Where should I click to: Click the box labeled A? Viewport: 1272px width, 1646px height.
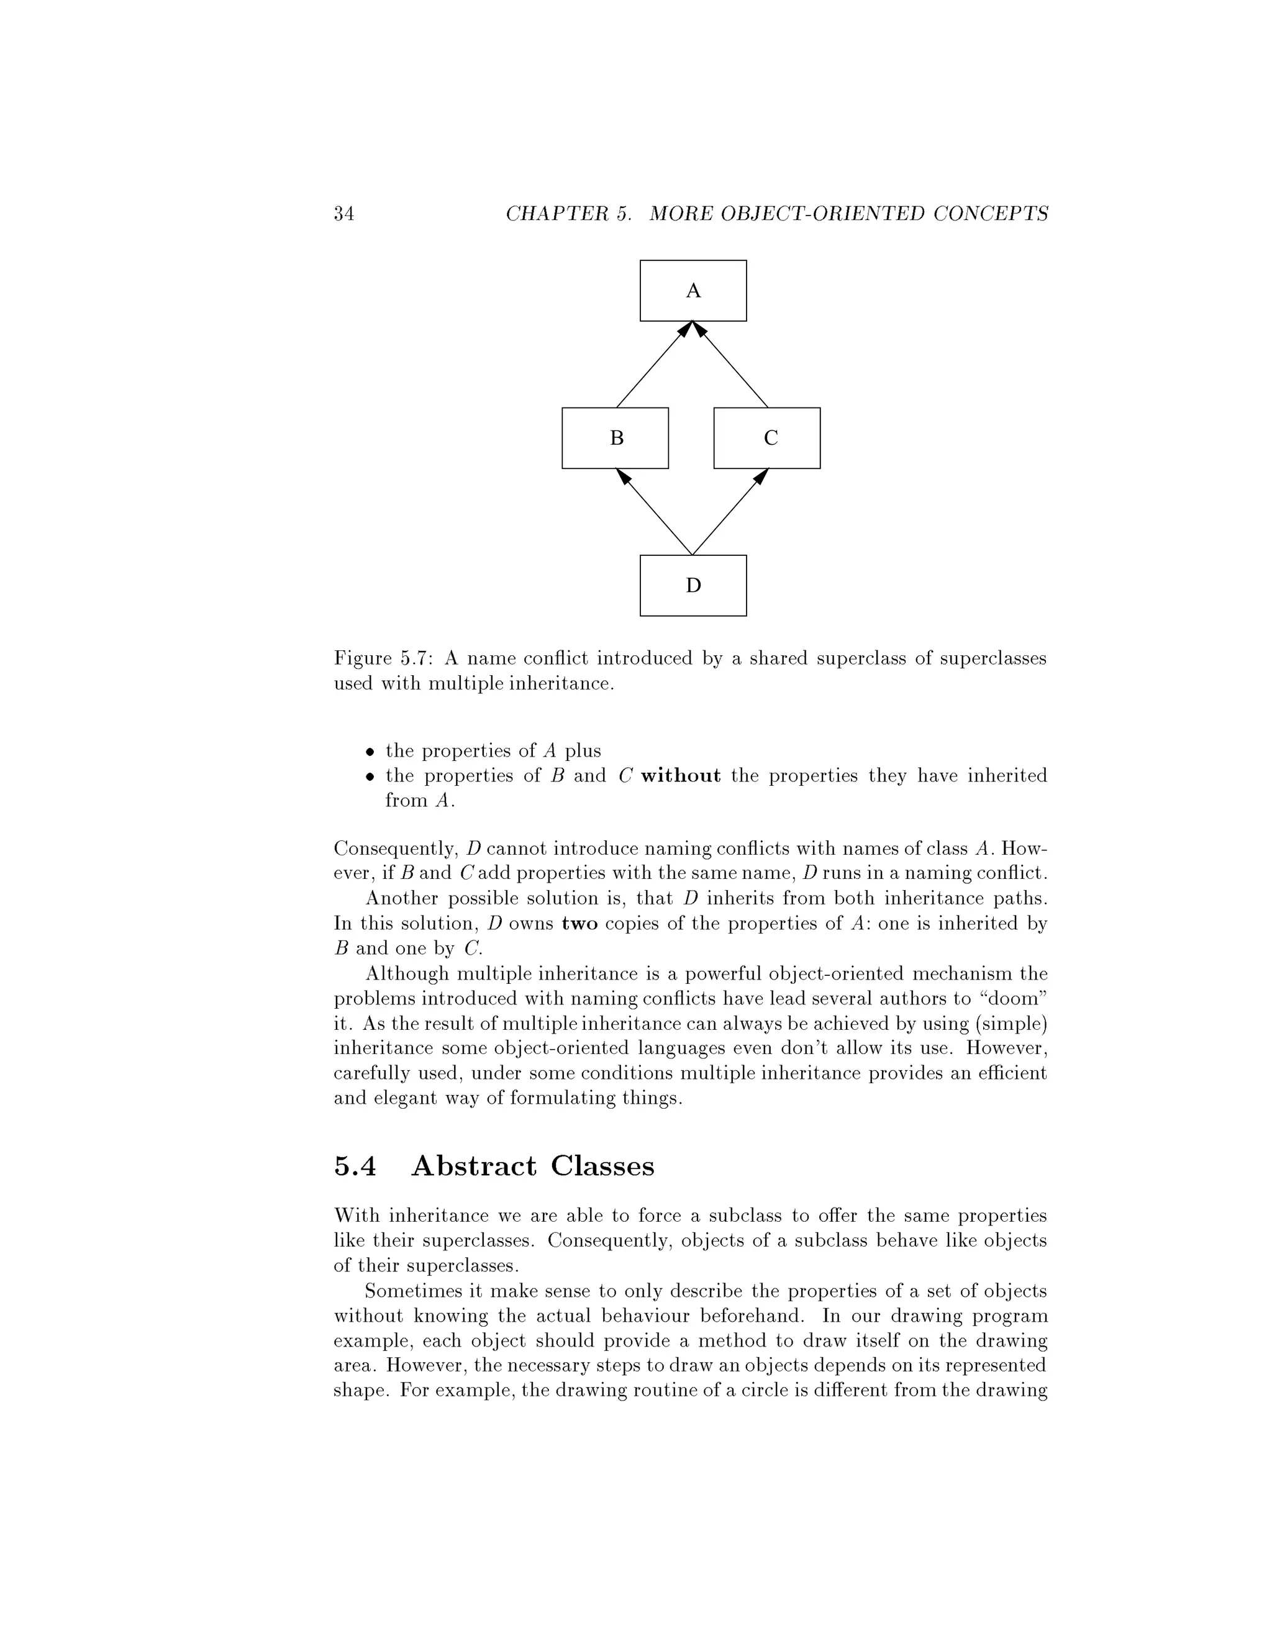point(693,290)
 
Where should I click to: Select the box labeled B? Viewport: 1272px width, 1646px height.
point(615,438)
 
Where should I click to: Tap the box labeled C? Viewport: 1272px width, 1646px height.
point(766,438)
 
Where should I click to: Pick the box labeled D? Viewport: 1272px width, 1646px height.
point(693,586)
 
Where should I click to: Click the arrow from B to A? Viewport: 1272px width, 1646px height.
point(653,365)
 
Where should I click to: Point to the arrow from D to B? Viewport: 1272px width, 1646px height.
point(654,512)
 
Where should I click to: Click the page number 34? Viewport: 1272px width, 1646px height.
point(343,214)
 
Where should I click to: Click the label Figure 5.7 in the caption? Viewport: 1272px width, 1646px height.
point(383,658)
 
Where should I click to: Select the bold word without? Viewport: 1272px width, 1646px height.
point(681,776)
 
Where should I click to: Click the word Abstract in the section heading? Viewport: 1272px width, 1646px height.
point(474,1166)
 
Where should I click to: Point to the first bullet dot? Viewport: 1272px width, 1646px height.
point(370,752)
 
